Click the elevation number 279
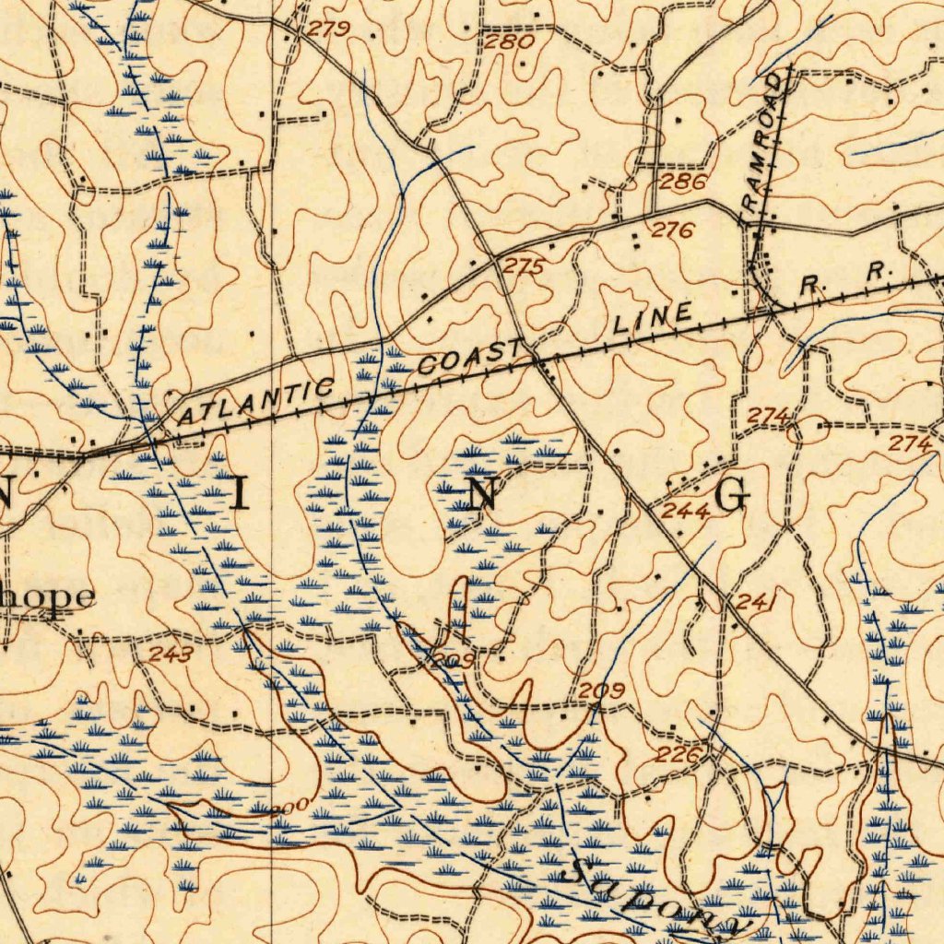pyautogui.click(x=328, y=29)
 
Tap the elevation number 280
pyautogui.click(x=509, y=41)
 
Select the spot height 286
pyautogui.click(x=683, y=182)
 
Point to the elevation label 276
pyautogui.click(x=672, y=230)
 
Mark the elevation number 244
pyautogui.click(x=685, y=513)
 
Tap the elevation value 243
pyautogui.click(x=171, y=655)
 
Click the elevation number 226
pyautogui.click(x=682, y=756)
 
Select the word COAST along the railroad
pyautogui.click(x=469, y=356)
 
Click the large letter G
pyautogui.click(x=731, y=496)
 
